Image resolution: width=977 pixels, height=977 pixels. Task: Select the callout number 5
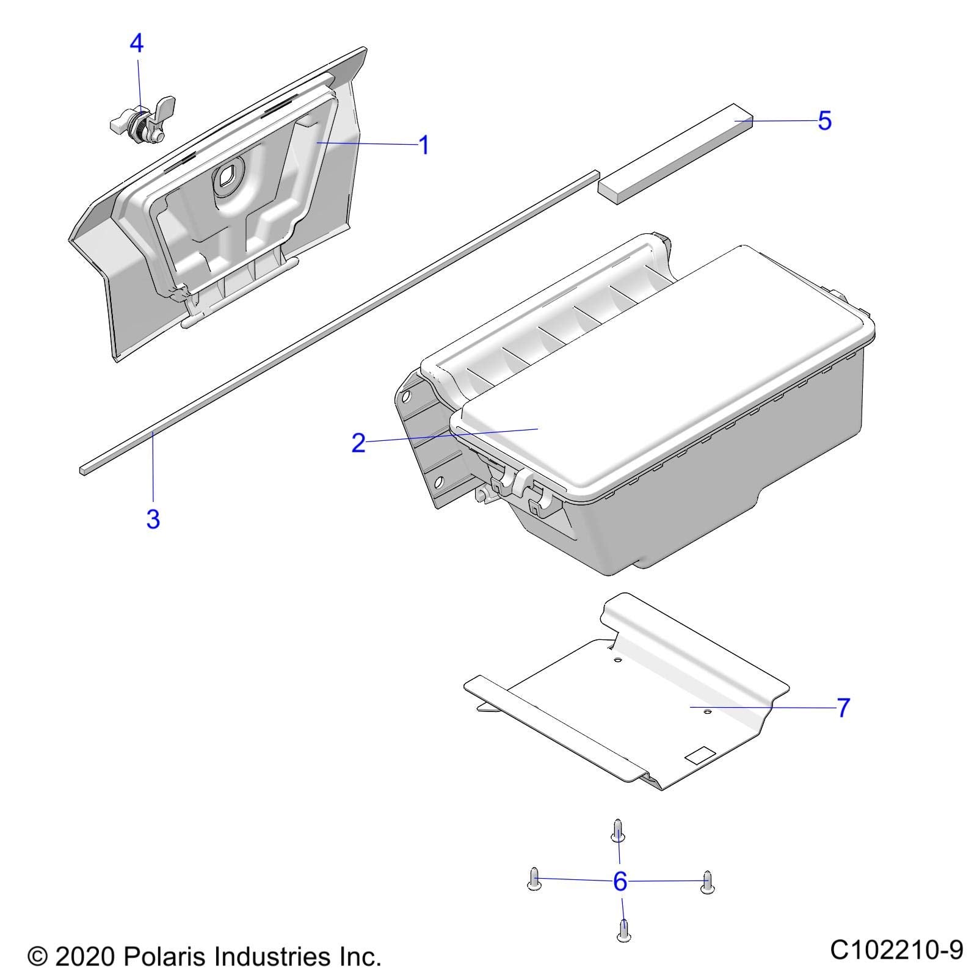click(824, 121)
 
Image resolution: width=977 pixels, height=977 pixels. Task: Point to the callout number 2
click(358, 443)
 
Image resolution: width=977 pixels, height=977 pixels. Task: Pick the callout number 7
click(843, 708)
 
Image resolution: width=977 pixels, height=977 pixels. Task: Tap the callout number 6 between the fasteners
click(620, 881)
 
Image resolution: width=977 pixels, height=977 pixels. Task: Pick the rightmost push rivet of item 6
click(707, 881)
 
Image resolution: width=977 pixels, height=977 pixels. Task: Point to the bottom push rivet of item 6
click(623, 929)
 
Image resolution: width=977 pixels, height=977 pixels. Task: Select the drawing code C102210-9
click(896, 950)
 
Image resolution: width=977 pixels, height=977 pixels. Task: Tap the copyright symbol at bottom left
click(38, 956)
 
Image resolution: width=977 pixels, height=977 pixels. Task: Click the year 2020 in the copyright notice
click(84, 956)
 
